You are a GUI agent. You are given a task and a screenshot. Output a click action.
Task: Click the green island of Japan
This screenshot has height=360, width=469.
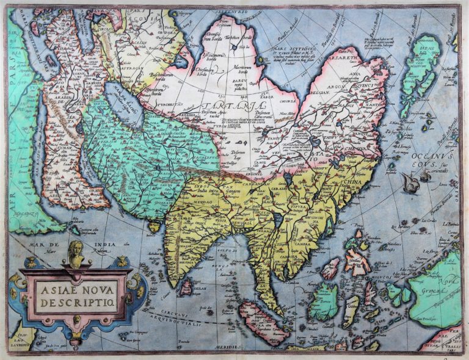421,73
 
